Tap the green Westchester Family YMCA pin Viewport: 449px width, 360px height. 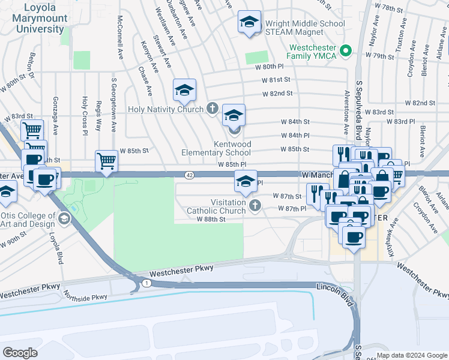(x=345, y=51)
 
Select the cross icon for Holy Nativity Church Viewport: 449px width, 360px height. (x=212, y=109)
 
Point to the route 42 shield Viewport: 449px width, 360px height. (x=189, y=174)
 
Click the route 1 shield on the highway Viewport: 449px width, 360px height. (x=146, y=282)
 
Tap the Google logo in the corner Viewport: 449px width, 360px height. (x=20, y=352)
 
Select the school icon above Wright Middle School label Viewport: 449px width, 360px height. (x=249, y=23)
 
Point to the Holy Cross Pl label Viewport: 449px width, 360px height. (x=85, y=115)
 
